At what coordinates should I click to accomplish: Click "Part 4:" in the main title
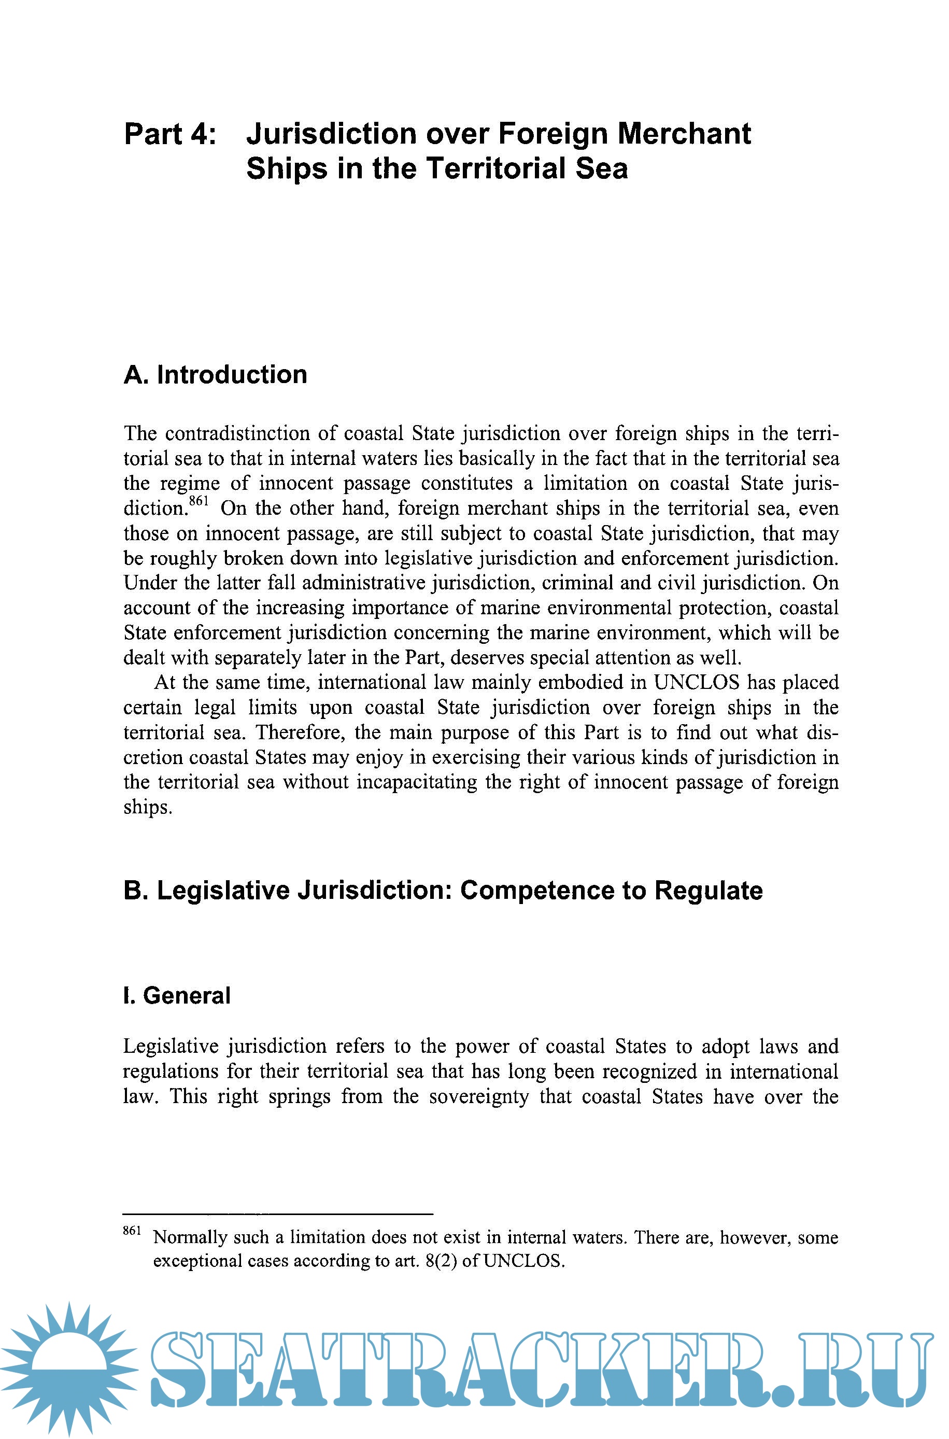click(x=169, y=134)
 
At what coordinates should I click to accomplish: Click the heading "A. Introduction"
click(x=216, y=375)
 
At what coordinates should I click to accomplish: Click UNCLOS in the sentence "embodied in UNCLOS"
click(x=696, y=683)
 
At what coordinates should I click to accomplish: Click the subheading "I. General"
click(x=177, y=995)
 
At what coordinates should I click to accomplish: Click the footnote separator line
click(x=278, y=1214)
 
